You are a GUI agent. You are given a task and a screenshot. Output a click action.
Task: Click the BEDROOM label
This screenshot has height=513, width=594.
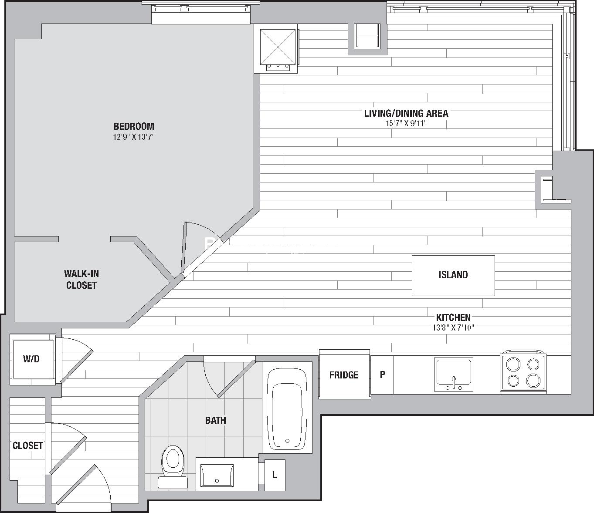pos(134,126)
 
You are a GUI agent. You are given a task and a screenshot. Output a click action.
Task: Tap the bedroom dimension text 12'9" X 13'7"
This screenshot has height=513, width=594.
pos(134,137)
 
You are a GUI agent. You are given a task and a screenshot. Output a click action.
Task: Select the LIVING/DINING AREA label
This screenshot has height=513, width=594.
pos(406,114)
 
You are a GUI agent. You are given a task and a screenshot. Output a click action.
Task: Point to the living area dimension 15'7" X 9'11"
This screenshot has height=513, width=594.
pos(406,124)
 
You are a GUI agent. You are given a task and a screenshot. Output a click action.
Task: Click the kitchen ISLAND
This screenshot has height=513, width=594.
pos(453,276)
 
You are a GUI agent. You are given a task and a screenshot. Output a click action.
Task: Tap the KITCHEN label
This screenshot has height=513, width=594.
pos(453,317)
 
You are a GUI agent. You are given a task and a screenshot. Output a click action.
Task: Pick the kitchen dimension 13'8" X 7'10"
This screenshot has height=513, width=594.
pos(453,327)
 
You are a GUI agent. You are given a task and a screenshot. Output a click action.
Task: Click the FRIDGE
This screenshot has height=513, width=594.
pos(344,374)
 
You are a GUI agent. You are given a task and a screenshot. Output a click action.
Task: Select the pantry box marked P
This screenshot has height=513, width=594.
pos(382,375)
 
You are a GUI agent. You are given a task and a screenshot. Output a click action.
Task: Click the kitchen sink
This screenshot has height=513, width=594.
pos(454,374)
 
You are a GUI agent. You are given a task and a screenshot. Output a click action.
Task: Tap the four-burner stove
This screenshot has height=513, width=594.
pos(523,372)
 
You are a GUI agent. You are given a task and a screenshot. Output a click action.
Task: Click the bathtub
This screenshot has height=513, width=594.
pos(287,408)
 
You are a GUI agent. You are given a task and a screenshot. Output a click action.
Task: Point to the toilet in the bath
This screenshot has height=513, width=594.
pos(173,467)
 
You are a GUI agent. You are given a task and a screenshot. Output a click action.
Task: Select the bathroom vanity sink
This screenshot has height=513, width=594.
pos(217,476)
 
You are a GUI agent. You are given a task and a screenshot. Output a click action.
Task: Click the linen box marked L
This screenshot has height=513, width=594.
pos(275,475)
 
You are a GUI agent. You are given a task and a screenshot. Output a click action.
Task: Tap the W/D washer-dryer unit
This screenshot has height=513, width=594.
pos(32,359)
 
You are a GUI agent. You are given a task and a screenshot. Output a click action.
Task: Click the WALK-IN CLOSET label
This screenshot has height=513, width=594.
pos(81,280)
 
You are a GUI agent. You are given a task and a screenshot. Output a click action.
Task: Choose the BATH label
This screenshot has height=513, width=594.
pos(216,421)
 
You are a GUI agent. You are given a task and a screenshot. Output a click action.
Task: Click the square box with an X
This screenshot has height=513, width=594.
pos(278,47)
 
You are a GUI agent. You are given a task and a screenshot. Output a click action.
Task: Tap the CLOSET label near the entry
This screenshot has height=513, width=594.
pos(27,445)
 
